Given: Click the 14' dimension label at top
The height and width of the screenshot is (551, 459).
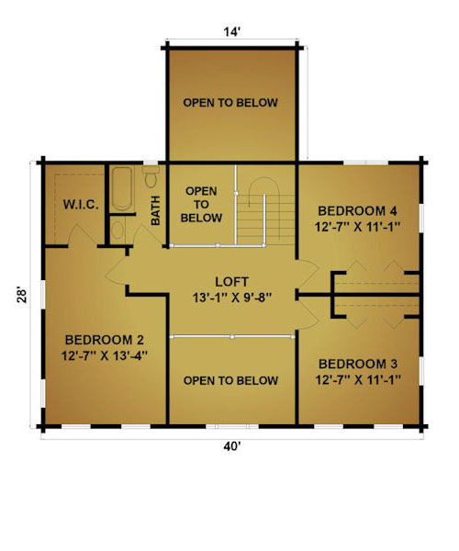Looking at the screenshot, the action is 231,32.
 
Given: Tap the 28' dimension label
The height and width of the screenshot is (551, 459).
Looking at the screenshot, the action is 22,296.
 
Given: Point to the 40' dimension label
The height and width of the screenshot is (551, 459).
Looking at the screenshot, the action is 231,446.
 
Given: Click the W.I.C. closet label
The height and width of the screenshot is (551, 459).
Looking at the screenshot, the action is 81,205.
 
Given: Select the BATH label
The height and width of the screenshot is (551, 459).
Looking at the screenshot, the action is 155,210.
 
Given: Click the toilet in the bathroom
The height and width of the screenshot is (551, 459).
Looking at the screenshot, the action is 151,176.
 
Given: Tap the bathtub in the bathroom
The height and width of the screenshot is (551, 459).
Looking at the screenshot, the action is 122,188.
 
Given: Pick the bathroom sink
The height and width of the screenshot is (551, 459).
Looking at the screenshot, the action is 118,230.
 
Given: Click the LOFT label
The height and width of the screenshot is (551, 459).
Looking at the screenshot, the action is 231,282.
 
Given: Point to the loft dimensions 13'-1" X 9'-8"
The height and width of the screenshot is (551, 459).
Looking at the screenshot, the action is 232,298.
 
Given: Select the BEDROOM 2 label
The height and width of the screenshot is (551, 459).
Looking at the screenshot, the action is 105,340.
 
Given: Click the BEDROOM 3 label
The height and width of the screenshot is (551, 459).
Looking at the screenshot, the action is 358,364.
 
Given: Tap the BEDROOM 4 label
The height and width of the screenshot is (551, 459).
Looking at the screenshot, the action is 357,211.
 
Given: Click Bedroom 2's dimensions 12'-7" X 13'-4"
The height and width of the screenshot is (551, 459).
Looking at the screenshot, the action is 105,355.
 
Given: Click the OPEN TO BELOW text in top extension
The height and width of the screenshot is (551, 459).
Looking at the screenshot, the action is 230,103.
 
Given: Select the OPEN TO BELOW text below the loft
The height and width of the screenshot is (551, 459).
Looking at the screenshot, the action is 230,380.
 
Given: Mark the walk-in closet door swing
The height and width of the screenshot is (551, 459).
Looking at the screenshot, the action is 83,236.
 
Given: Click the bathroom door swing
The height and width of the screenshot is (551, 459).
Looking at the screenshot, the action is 145,236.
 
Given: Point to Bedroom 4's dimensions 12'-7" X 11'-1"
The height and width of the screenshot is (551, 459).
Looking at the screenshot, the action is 357,227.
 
